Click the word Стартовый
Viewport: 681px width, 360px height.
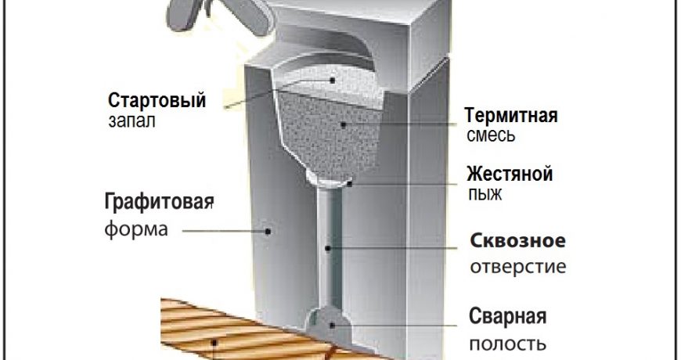(157, 101)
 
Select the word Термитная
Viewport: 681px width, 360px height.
(510, 116)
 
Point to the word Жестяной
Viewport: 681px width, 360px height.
(510, 173)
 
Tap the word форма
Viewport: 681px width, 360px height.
(135, 231)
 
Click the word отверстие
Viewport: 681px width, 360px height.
(517, 267)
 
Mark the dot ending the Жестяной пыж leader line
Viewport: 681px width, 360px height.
(354, 183)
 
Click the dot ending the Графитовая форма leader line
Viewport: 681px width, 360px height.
(268, 231)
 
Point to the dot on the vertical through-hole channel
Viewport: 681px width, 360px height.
(330, 249)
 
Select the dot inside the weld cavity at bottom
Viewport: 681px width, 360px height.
(332, 322)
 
